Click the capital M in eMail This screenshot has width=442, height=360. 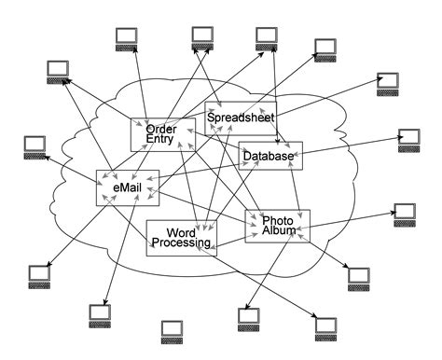(x=125, y=187)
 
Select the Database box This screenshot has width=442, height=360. (x=270, y=156)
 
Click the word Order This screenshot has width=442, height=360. (x=161, y=129)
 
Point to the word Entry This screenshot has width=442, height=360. (x=159, y=140)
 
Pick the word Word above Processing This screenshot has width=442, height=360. (x=180, y=231)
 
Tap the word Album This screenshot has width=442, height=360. (x=279, y=231)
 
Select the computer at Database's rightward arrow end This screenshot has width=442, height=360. (x=408, y=138)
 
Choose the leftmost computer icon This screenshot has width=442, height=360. (x=35, y=146)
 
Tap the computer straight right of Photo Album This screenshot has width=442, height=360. (x=404, y=213)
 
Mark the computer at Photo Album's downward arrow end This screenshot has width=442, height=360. (x=247, y=317)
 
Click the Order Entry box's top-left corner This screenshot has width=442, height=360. (x=131, y=118)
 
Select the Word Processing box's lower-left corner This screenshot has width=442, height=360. (x=147, y=255)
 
